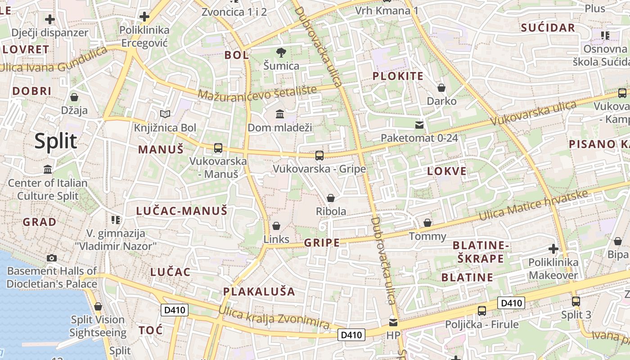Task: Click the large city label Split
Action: [56, 141]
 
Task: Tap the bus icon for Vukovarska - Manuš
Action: [218, 148]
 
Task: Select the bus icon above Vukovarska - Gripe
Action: [319, 156]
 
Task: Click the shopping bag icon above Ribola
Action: [331, 198]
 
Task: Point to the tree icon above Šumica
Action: [281, 53]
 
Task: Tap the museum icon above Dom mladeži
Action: [280, 114]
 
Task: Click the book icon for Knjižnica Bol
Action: [165, 114]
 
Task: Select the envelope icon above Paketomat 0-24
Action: [419, 125]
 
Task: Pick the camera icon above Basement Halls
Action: [52, 258]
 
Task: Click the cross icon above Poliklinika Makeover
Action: [553, 249]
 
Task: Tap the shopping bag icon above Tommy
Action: [427, 223]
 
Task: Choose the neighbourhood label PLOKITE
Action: [398, 76]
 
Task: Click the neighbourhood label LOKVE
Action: [446, 171]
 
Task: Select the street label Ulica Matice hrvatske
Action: [534, 205]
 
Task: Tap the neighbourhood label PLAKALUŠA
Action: [259, 292]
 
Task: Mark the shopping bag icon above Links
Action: [276, 225]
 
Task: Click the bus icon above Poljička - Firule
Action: [482, 310]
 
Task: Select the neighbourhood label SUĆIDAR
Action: [548, 28]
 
